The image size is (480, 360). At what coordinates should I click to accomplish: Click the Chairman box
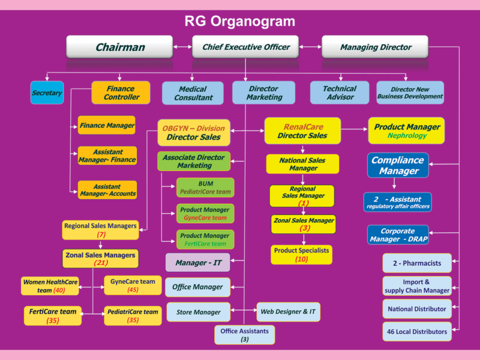tap(120, 47)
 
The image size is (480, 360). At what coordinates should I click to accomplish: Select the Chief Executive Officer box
tap(246, 47)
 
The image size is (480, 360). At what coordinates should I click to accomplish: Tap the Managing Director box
tap(375, 47)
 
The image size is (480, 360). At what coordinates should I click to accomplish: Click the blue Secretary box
tap(47, 93)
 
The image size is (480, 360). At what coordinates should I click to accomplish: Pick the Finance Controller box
tap(121, 92)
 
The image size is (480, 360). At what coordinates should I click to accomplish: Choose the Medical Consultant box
tap(193, 93)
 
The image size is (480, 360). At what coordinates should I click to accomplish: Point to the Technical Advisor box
tap(339, 92)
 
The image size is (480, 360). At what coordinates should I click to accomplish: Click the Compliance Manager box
tap(398, 166)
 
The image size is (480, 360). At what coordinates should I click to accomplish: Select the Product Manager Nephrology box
tap(406, 131)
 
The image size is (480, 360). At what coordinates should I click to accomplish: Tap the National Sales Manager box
tap(303, 164)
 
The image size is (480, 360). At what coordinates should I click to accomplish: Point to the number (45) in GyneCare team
tap(133, 290)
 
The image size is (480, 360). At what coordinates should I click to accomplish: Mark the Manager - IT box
tap(197, 263)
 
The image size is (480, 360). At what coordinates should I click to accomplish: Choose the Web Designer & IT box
tap(289, 311)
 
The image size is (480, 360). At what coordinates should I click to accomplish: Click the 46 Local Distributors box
tap(416, 331)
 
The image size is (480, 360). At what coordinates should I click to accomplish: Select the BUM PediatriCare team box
tap(205, 187)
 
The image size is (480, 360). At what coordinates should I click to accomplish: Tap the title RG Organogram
tap(239, 22)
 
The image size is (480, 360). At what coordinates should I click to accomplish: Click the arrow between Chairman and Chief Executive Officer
tap(182, 46)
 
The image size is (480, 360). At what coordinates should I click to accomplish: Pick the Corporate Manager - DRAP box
tap(398, 235)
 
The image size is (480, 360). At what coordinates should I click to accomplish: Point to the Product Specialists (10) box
tap(301, 254)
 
